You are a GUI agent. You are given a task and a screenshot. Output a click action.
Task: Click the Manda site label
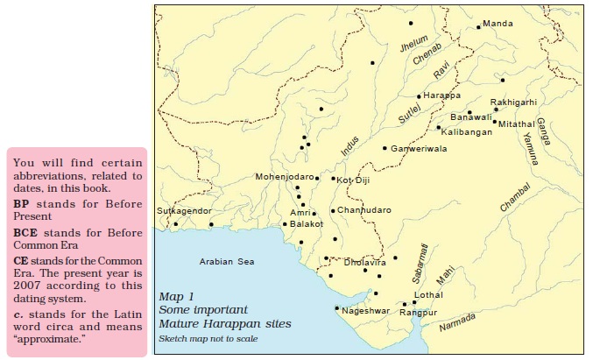click(498, 23)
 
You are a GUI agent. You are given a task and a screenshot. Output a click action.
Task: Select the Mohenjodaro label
click(284, 176)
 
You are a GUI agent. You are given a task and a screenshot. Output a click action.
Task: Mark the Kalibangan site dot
click(439, 128)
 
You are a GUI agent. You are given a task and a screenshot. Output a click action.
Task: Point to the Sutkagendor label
click(184, 211)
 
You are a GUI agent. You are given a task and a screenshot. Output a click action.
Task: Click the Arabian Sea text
click(226, 261)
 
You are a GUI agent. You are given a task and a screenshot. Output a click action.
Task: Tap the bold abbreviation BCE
click(25, 234)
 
